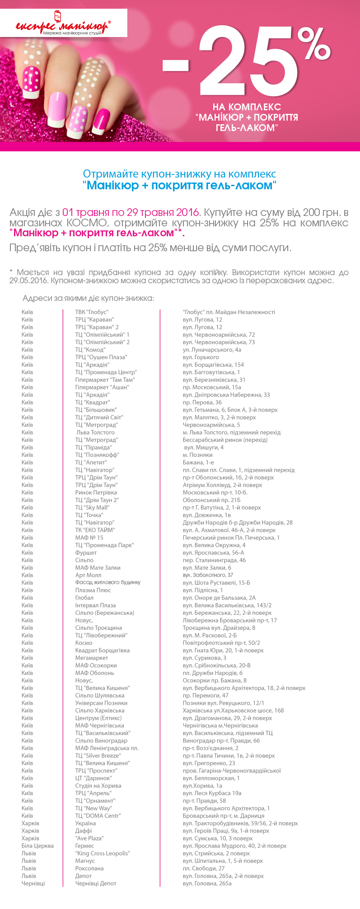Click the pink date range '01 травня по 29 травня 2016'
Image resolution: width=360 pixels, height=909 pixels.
coord(131,212)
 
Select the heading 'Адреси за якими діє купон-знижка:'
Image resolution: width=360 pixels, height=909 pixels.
coord(88,299)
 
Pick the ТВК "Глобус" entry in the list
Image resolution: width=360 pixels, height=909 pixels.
coord(92,312)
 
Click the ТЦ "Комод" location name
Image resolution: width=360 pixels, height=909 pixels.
coord(90,350)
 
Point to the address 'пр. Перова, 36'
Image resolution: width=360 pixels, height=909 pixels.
coord(202,402)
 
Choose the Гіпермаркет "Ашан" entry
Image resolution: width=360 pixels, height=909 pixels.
coord(102,387)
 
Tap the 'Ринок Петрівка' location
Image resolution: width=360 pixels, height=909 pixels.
coord(96,492)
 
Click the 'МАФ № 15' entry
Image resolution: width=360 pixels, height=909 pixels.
coord(89,538)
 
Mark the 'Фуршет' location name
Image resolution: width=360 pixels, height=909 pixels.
coord(86,553)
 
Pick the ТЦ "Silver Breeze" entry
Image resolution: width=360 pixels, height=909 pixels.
coord(98,755)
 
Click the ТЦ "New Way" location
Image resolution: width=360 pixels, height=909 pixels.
coord(94,808)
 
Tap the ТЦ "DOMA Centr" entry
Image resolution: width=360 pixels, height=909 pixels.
coord(98,815)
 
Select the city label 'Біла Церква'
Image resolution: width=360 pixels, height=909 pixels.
coord(37,846)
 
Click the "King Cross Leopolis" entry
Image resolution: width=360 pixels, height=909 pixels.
coord(103,853)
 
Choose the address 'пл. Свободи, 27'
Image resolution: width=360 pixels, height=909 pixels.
coord(203,868)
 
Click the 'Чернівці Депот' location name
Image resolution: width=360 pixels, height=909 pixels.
coord(96,883)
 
